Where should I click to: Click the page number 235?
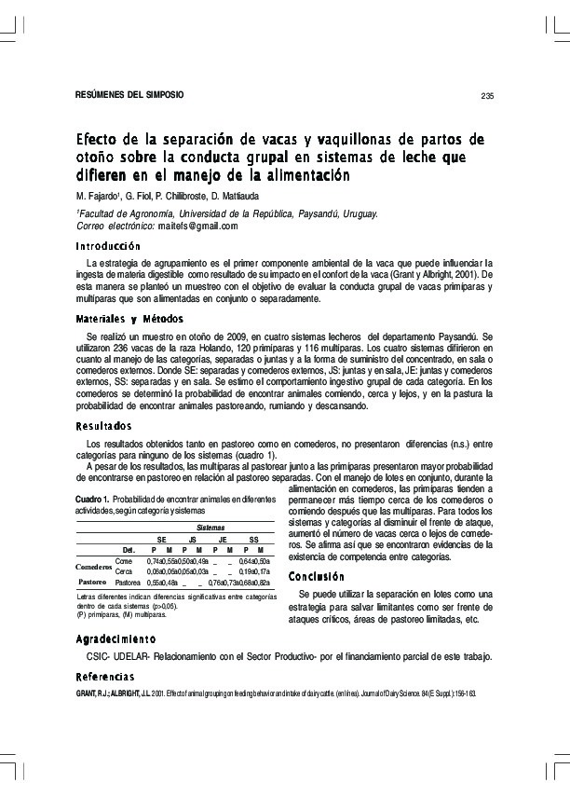pyautogui.click(x=486, y=96)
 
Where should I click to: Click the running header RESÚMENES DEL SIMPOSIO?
pyautogui.click(x=129, y=95)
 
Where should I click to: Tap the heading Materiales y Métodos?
pyautogui.click(x=129, y=319)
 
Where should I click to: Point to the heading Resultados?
pyautogui.click(x=103, y=426)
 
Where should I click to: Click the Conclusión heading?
pyautogui.click(x=318, y=575)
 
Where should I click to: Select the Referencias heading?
pyautogui.click(x=105, y=676)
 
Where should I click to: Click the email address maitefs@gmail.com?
pyautogui.click(x=199, y=226)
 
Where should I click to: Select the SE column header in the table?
pyautogui.click(x=161, y=539)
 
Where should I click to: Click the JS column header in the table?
pyautogui.click(x=192, y=539)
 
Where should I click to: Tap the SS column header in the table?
pyautogui.click(x=253, y=539)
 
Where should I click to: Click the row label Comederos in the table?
pyautogui.click(x=94, y=566)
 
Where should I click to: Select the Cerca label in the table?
pyautogui.click(x=123, y=570)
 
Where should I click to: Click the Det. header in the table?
pyautogui.click(x=129, y=550)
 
